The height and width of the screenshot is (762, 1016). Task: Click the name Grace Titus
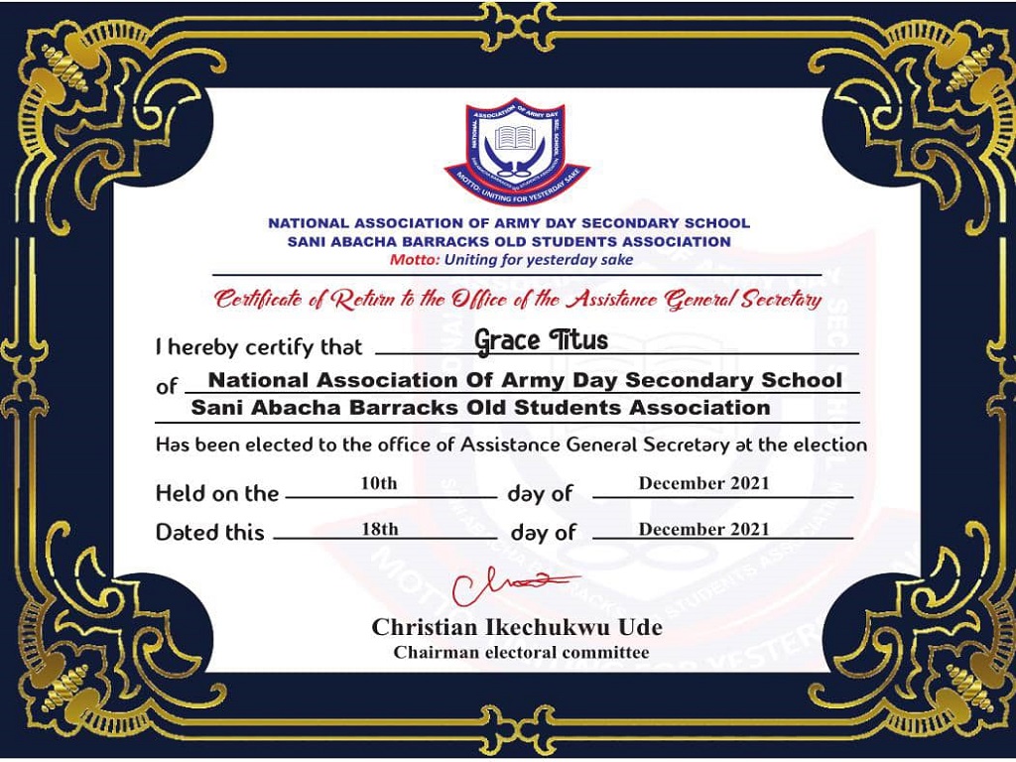pyautogui.click(x=541, y=341)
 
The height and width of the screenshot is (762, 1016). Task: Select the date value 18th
pyautogui.click(x=379, y=529)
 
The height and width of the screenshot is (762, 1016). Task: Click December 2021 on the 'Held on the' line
pyautogui.click(x=703, y=483)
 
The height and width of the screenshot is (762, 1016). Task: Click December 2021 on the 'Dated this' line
pyautogui.click(x=703, y=529)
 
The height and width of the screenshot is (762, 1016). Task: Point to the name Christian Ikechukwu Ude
pyautogui.click(x=516, y=628)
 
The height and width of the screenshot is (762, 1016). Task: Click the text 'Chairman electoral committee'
pyautogui.click(x=521, y=652)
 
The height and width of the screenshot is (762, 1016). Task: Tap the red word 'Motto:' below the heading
pyautogui.click(x=415, y=260)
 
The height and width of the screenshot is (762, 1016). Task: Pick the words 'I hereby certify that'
pyautogui.click(x=259, y=348)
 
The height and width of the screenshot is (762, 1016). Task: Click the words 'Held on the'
pyautogui.click(x=217, y=493)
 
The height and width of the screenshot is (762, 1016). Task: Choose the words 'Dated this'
pyautogui.click(x=210, y=533)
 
